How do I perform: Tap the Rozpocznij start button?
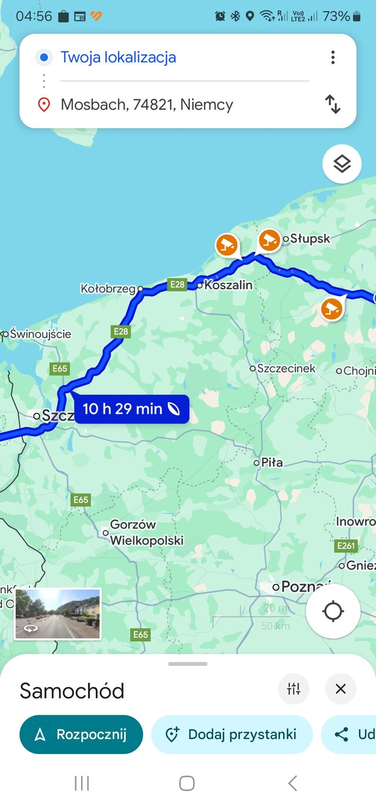click(81, 735)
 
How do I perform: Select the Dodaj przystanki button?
click(231, 735)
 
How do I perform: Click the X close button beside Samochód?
click(341, 689)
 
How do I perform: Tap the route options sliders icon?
click(294, 689)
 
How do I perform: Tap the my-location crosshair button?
click(333, 611)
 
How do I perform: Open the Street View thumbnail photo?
click(58, 614)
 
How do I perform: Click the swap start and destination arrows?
click(333, 105)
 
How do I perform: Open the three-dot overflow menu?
click(333, 57)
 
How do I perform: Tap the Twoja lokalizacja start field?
click(118, 58)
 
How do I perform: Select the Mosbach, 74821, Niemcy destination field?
click(147, 105)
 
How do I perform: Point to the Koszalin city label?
click(228, 285)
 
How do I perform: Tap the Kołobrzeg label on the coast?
click(109, 289)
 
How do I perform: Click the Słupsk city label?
click(310, 239)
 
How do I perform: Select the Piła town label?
click(271, 463)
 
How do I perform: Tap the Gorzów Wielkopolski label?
click(147, 532)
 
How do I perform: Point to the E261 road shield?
click(347, 546)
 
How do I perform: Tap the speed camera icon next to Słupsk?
click(270, 240)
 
